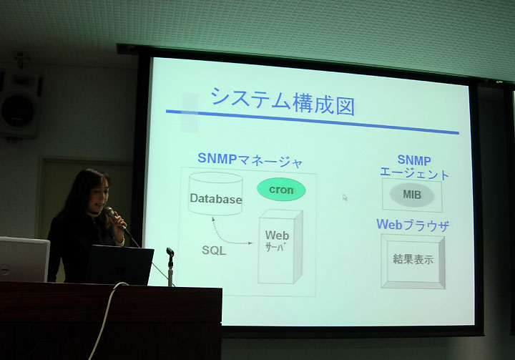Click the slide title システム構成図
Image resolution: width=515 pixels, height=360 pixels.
[x=283, y=101]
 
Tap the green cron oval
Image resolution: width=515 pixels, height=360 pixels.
[x=281, y=190]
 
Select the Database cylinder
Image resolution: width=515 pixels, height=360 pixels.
[x=216, y=194]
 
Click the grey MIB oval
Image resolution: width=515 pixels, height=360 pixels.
[x=412, y=195]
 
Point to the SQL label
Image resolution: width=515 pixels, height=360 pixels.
[x=214, y=250]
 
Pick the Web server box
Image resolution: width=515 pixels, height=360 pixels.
[x=280, y=247]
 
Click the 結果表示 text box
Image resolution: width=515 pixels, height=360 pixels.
[x=413, y=261]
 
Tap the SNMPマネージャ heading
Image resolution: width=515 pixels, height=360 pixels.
[x=250, y=160]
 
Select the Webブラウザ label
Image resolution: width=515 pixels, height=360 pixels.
[x=413, y=225]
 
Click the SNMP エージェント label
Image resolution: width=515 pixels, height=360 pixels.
[x=414, y=167]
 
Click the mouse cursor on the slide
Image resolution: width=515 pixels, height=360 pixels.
[x=345, y=198]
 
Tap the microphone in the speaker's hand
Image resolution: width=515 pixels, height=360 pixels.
[x=114, y=218]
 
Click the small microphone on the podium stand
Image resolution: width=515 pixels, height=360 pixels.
[x=170, y=253]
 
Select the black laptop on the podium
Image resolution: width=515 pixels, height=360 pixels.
[x=120, y=265]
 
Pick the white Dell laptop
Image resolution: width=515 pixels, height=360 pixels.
[x=24, y=259]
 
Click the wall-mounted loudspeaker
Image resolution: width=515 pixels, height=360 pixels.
[x=20, y=106]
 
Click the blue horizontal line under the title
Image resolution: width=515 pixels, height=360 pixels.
[x=312, y=122]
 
